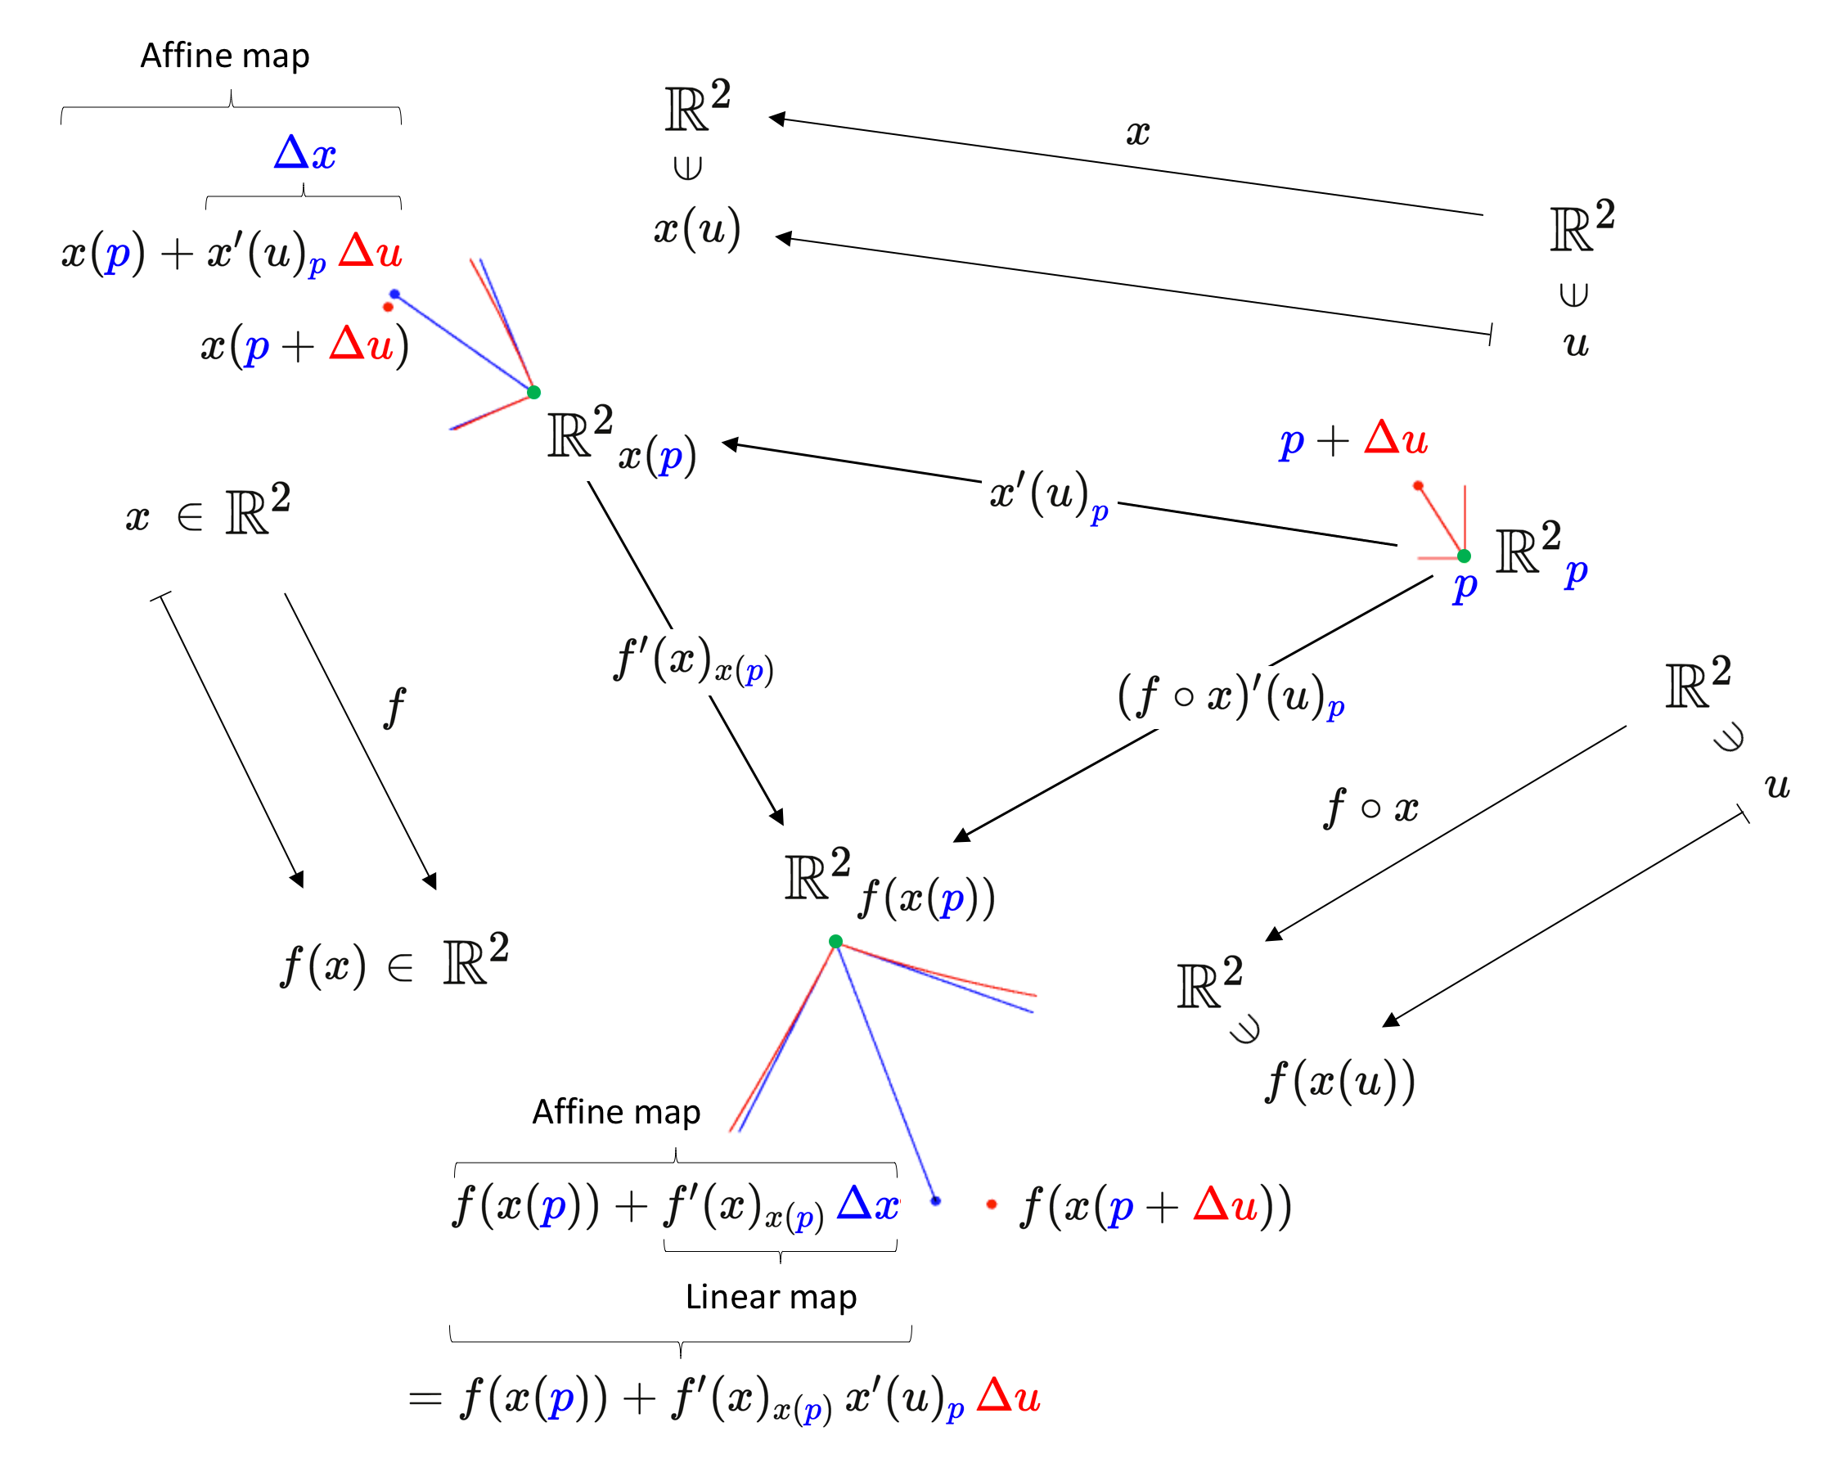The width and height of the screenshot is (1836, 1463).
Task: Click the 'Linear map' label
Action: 771,1296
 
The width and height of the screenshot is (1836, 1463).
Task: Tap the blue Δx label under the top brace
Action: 305,154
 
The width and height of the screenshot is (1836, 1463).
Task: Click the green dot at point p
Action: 1464,556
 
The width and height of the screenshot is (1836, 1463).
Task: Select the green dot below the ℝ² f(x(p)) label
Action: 835,941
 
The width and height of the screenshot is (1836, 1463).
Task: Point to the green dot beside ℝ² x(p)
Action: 534,392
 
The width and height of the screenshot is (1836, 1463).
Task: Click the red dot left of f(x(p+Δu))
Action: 992,1204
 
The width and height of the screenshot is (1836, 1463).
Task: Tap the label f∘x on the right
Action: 1371,807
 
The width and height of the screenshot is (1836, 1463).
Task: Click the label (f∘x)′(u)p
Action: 1231,696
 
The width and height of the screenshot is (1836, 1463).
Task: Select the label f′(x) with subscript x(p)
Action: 692,661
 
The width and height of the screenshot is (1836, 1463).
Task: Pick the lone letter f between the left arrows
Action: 394,707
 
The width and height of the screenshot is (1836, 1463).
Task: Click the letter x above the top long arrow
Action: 1138,133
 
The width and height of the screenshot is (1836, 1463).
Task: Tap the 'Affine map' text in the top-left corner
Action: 225,56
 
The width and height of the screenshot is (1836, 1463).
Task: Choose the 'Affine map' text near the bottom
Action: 617,1111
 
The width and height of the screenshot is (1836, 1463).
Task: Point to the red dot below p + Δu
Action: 1418,485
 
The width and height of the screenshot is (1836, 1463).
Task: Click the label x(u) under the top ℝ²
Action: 696,229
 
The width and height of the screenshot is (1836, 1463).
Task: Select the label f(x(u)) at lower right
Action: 1340,1082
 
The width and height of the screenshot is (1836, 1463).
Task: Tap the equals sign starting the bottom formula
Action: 424,1398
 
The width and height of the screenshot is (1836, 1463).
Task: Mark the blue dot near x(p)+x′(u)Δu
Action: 394,294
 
